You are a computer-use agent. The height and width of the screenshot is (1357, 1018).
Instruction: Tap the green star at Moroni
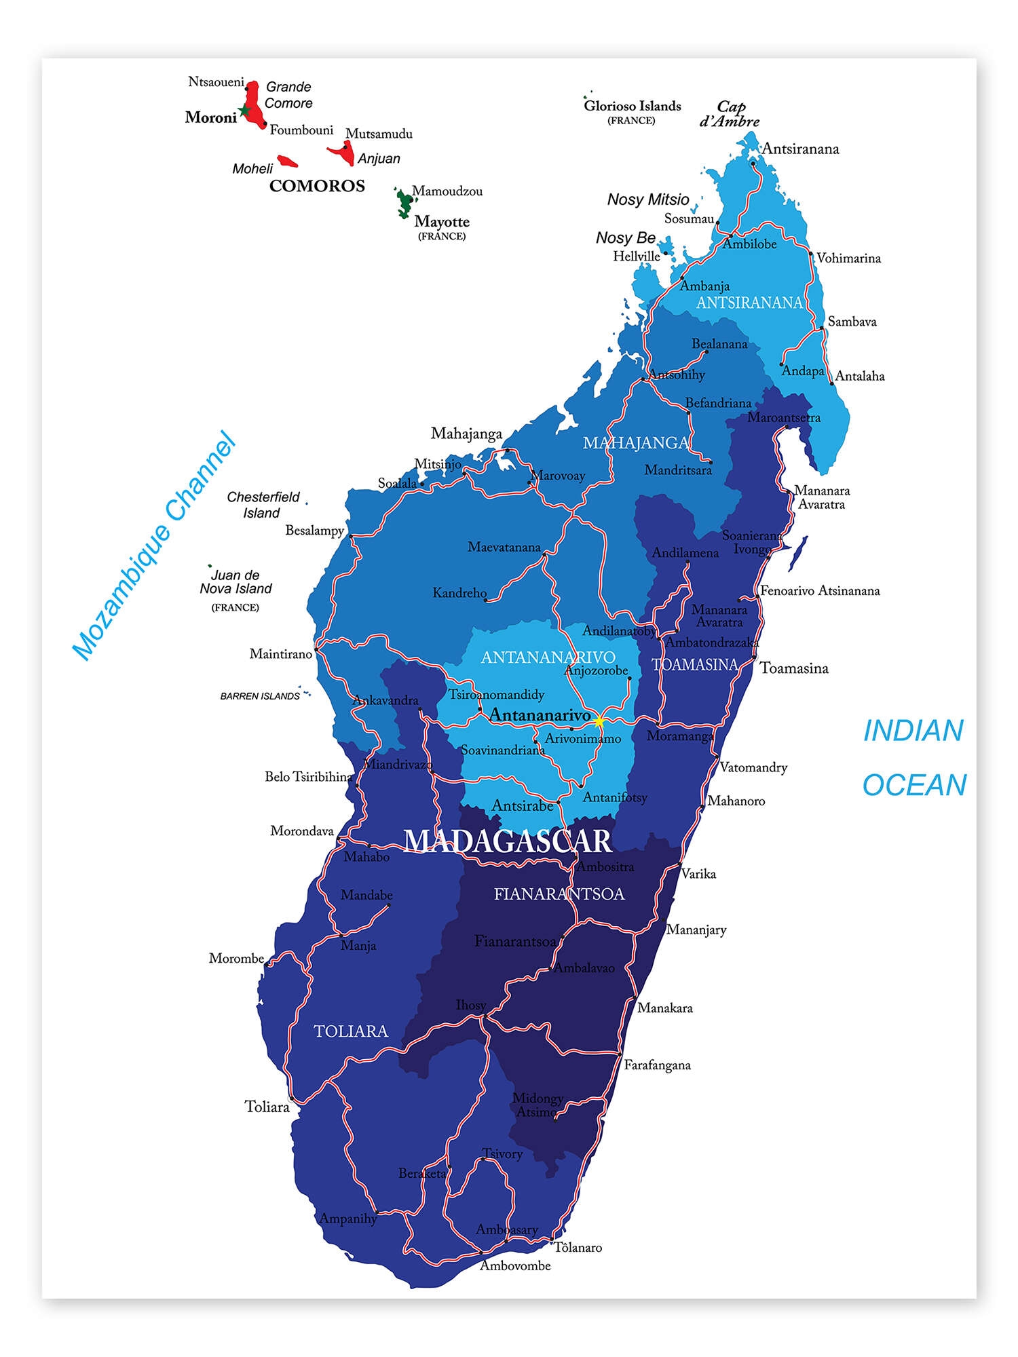(x=245, y=111)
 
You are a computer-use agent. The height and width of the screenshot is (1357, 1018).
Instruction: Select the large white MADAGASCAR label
(x=508, y=841)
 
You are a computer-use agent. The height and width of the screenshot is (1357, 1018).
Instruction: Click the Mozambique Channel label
(x=155, y=546)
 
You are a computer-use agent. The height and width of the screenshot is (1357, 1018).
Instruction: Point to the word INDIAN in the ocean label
(x=913, y=731)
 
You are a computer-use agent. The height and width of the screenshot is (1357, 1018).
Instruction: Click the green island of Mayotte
(x=404, y=203)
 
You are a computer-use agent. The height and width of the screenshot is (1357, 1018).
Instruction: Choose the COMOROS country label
(x=317, y=186)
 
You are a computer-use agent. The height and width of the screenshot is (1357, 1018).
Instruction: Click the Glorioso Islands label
(x=632, y=106)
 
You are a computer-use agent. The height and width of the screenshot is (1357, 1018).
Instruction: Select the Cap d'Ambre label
(x=730, y=114)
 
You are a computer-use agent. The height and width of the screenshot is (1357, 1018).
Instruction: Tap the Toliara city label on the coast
(x=267, y=1107)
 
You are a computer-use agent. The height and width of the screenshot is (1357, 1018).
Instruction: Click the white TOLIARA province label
(x=351, y=1031)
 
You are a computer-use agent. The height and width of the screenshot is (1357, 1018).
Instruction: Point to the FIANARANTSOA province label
(x=559, y=894)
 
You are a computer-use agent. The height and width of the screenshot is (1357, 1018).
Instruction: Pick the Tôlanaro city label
(x=578, y=1247)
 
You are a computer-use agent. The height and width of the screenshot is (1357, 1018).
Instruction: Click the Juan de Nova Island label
(x=235, y=582)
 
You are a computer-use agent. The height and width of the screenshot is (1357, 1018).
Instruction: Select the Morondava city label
(x=302, y=831)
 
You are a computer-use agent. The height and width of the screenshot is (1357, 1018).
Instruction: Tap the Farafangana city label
(x=657, y=1065)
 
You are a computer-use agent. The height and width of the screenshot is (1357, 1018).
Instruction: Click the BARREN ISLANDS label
(x=260, y=696)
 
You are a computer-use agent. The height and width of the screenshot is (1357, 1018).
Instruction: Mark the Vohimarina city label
(x=848, y=258)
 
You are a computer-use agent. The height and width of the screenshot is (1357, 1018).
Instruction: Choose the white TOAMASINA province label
(x=694, y=665)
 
